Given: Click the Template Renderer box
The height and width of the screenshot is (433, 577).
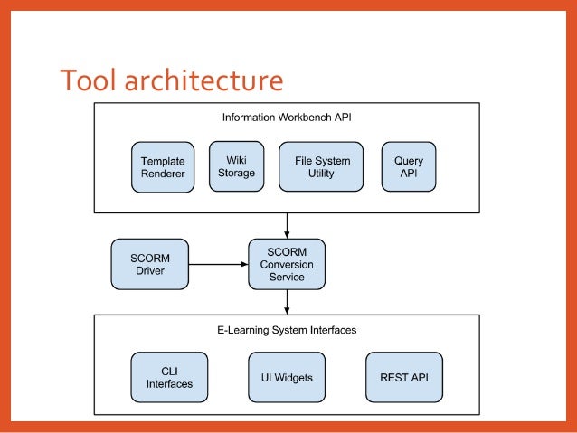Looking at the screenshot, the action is pos(163,167).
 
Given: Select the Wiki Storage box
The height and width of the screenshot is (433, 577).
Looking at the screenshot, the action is pos(236,166).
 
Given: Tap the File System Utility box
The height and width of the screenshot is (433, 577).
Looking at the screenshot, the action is pos(321,166).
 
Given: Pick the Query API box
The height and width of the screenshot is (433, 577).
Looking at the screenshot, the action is pos(409,166).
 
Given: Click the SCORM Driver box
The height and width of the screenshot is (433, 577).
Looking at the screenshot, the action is pos(150,264).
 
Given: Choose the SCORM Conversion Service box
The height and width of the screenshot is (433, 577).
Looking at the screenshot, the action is pos(287,264).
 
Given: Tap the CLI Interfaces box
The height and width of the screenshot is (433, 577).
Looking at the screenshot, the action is pos(169,377).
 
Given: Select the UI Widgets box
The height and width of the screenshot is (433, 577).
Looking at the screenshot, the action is pos(287,377).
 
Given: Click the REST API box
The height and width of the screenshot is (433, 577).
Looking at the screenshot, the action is pos(404,377).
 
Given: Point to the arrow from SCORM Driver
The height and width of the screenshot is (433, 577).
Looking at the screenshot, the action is pos(218,264).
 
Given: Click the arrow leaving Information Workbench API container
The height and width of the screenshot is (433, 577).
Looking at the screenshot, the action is pos(287,225).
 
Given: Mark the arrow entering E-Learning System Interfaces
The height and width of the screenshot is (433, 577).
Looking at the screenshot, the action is pos(287,302).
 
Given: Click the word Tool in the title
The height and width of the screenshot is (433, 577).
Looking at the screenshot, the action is pos(88,80).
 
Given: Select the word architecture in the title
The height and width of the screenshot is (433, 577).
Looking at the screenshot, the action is pos(203,80).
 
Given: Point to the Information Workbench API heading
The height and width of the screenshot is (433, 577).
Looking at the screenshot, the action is pos(287,117).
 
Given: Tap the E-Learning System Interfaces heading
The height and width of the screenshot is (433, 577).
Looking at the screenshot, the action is pos(287,330).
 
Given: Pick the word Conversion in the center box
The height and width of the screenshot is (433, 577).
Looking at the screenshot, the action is pos(287,265).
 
